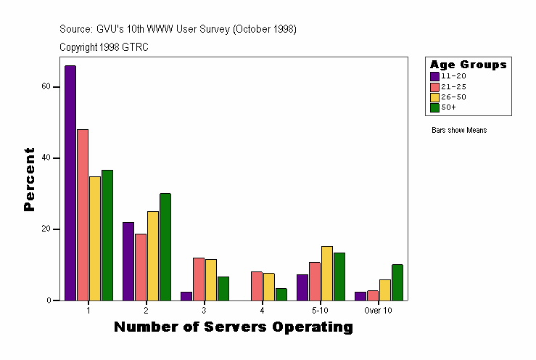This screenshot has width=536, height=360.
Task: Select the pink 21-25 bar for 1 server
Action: [x=83, y=215]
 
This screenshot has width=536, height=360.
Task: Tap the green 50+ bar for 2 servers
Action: [x=165, y=247]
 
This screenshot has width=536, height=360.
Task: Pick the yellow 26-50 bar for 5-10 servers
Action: [x=327, y=273]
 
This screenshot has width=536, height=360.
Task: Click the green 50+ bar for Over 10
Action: [x=397, y=282]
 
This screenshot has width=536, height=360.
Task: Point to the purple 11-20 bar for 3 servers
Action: [x=186, y=296]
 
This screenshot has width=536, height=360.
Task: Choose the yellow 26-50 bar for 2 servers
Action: [x=153, y=255]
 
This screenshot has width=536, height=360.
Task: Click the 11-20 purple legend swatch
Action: [x=434, y=76]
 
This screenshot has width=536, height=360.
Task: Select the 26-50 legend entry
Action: [x=450, y=97]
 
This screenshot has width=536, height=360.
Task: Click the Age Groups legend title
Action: [x=468, y=65]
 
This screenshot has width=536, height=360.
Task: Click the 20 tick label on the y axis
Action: [x=46, y=229]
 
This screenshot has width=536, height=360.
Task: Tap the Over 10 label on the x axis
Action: [x=379, y=310]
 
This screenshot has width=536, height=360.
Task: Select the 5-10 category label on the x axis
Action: [x=321, y=310]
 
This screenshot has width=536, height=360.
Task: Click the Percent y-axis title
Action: [x=30, y=179]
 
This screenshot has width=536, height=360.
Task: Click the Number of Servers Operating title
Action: [x=234, y=327]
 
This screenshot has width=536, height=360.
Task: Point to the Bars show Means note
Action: [x=459, y=131]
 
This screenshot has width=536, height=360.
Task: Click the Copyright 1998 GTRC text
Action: [x=104, y=46]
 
